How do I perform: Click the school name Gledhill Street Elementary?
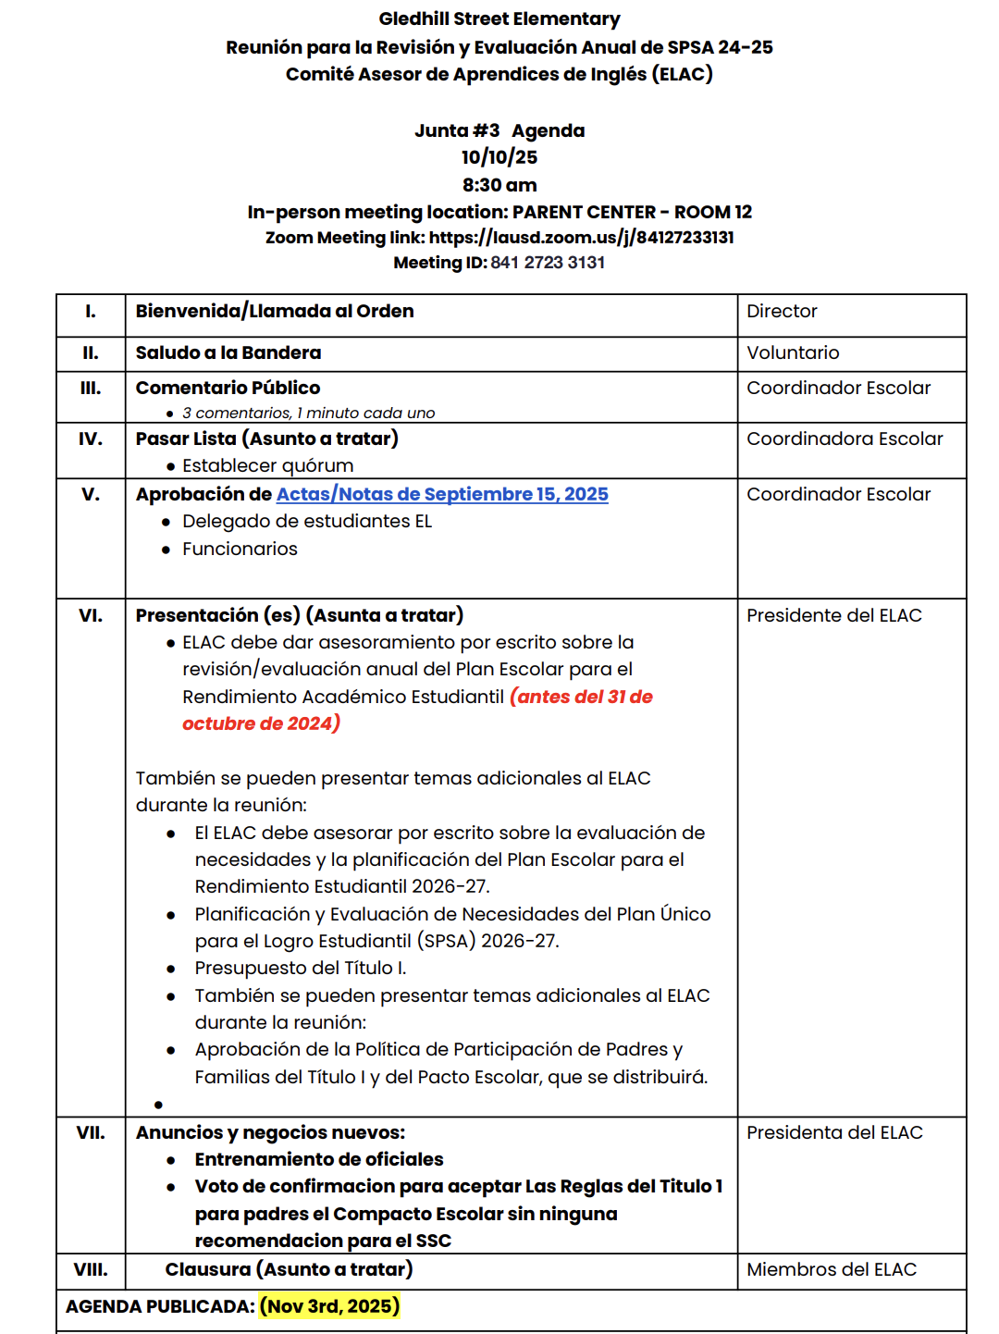coord(499,19)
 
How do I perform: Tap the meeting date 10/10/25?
coord(499,157)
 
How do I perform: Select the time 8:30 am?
coord(499,185)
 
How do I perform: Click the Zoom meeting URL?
coord(582,238)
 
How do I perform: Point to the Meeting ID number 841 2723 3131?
coord(548,263)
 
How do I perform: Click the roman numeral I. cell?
coord(91,312)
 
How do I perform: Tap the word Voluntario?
coord(793,352)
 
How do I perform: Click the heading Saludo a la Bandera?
coord(228,352)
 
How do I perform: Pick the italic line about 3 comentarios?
coord(308,413)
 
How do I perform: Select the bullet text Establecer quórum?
coord(267,465)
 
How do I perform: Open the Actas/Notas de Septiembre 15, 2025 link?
coord(442,494)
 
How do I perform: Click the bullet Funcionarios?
coord(240,549)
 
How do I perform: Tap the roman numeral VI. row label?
coord(91,615)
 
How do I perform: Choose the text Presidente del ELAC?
coord(834,615)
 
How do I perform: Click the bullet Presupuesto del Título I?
coord(301,968)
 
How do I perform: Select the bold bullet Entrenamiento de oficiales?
coord(319,1159)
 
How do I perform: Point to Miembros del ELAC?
coord(832,1269)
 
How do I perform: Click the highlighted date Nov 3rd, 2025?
coord(329,1306)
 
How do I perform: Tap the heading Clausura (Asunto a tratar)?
coord(289,1269)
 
